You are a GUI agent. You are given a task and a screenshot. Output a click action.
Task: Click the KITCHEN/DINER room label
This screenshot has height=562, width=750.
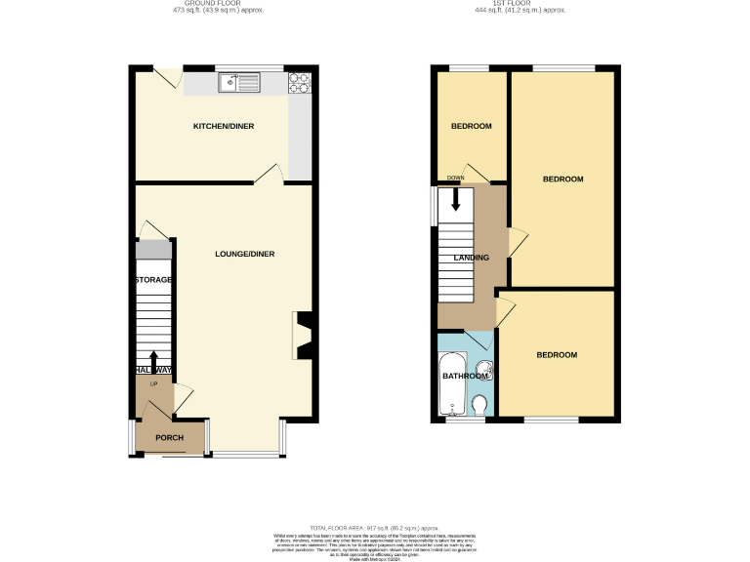224,127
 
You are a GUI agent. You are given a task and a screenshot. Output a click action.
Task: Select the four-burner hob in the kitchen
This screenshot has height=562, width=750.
299,84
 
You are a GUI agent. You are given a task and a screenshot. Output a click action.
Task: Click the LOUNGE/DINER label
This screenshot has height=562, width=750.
245,254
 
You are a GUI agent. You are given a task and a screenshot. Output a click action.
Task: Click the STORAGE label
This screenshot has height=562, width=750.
153,280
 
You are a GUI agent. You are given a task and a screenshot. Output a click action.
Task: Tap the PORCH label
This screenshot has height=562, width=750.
170,437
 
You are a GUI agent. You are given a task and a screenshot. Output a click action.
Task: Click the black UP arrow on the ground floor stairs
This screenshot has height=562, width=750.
153,361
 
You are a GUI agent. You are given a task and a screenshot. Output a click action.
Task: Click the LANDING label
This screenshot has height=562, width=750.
472,258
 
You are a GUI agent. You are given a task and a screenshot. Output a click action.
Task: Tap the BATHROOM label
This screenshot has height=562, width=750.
465,377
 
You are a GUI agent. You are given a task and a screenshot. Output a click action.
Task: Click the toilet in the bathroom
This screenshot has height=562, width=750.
479,404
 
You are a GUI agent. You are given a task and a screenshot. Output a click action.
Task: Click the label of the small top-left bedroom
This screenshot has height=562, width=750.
471,127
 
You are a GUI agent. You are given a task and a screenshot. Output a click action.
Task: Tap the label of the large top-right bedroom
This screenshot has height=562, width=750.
562,180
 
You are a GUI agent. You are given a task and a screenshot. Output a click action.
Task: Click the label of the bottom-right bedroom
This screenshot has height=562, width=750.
557,355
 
